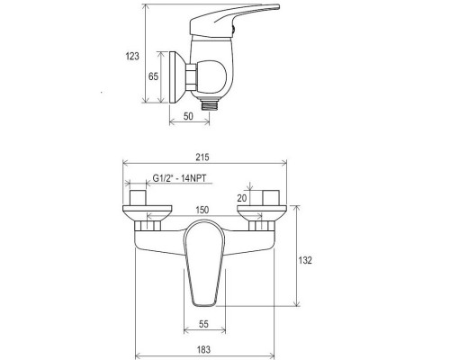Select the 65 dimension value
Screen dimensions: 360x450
coord(153,77)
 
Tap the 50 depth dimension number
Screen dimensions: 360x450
coord(190,116)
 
